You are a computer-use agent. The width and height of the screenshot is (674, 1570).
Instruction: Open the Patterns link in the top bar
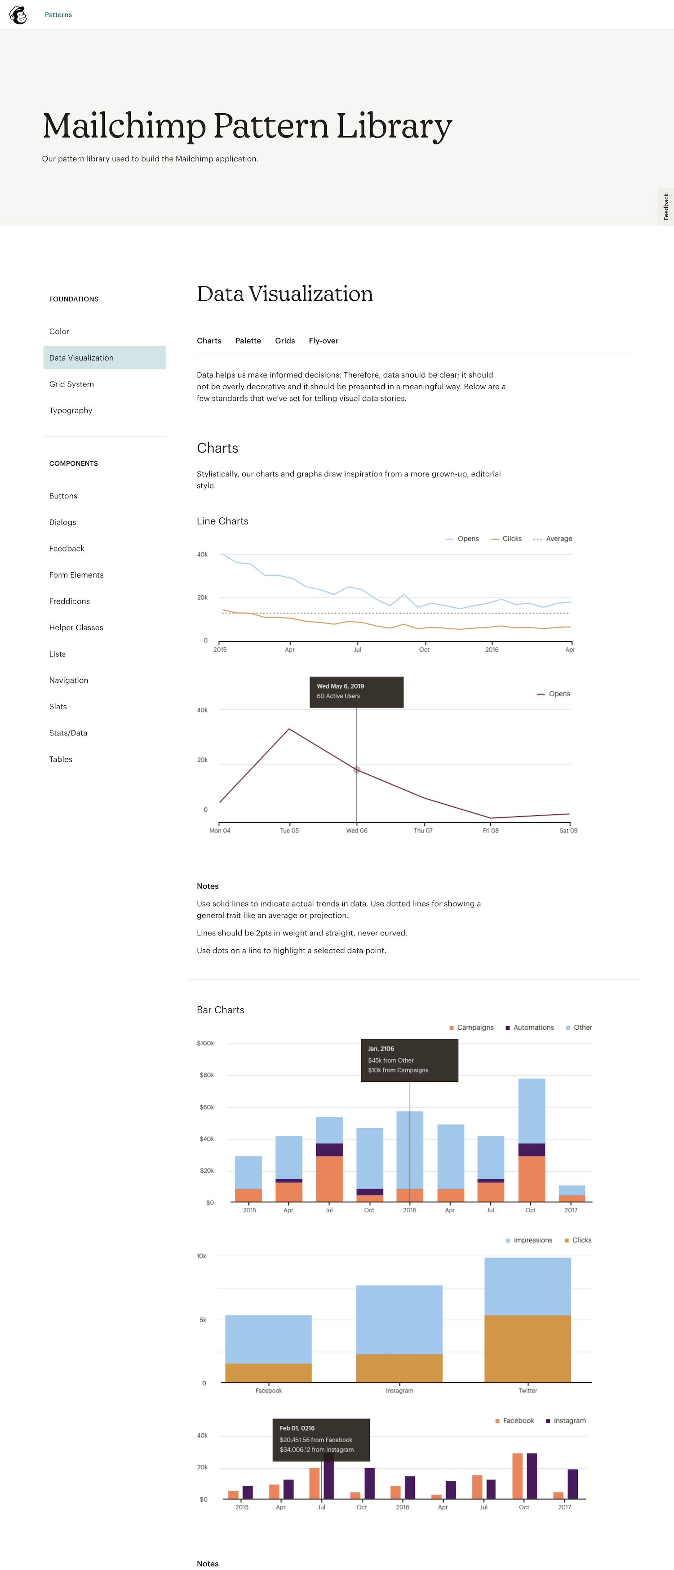(x=58, y=15)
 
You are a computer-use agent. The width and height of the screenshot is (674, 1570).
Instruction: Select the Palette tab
(x=248, y=341)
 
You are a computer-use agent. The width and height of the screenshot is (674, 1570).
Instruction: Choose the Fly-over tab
(x=323, y=341)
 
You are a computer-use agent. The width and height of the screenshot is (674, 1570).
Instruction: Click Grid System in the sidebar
(x=71, y=384)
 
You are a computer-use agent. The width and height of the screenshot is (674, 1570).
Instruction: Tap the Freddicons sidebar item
(x=70, y=601)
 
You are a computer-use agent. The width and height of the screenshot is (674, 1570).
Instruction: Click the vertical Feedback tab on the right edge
(x=665, y=207)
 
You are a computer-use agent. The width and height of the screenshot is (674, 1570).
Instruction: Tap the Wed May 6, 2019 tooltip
(x=356, y=692)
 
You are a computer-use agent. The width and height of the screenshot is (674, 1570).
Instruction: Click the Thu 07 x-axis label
(x=423, y=831)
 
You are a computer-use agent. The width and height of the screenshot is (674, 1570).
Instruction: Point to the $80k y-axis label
(x=207, y=1075)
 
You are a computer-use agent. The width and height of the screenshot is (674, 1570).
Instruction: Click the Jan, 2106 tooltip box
(x=409, y=1060)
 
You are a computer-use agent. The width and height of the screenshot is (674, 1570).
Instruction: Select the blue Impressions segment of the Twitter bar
(x=527, y=1286)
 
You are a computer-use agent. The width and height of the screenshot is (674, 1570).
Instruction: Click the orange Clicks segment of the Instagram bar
(x=399, y=1368)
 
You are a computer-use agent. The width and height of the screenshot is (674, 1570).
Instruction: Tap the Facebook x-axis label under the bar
(x=269, y=1391)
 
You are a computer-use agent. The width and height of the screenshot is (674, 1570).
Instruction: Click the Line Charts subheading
(x=222, y=521)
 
